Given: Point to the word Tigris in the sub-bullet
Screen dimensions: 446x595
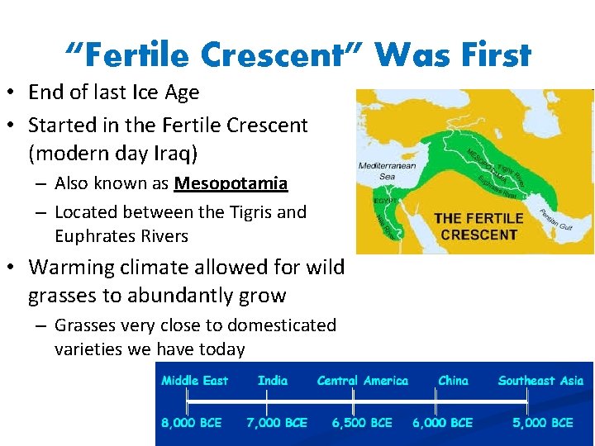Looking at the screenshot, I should [249, 212].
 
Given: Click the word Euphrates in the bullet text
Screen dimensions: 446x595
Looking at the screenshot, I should [96, 236].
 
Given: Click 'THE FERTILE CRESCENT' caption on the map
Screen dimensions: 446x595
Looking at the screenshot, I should [478, 226].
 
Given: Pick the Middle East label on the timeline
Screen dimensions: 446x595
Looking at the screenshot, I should [194, 381].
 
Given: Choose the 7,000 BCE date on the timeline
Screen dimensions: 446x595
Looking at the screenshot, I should [277, 423].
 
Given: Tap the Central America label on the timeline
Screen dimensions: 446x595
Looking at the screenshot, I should [362, 381].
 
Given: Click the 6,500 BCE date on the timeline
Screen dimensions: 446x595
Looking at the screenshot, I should [362, 423].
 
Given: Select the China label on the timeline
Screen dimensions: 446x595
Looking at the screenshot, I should [453, 381].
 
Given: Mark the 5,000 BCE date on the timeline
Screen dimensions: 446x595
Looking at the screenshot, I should [542, 423].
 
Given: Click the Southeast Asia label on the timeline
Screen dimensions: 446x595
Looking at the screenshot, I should [540, 381].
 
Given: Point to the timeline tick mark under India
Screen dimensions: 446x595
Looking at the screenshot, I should [266, 401].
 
